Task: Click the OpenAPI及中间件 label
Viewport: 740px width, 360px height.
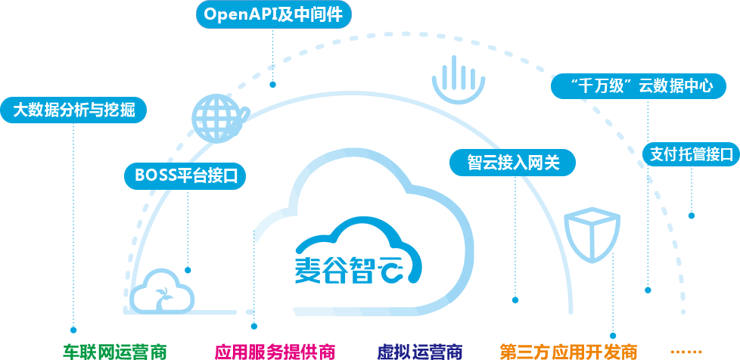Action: [273, 15]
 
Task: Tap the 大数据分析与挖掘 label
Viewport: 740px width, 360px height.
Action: [73, 110]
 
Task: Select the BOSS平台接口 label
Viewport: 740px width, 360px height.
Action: [185, 176]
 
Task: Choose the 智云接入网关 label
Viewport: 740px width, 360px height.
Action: [515, 162]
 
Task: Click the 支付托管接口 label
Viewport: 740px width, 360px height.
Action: [692, 154]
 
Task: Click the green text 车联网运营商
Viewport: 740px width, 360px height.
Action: [113, 352]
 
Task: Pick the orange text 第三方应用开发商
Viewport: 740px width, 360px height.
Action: [567, 352]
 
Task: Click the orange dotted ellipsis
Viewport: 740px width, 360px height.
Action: [686, 352]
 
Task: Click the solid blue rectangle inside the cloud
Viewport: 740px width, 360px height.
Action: [358, 249]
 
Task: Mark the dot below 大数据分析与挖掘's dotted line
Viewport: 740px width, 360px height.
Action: [73, 329]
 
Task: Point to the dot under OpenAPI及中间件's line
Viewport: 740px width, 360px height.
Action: [272, 84]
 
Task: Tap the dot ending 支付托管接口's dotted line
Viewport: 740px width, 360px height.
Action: [691, 216]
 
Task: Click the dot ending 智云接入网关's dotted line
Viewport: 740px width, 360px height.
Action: [515, 299]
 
